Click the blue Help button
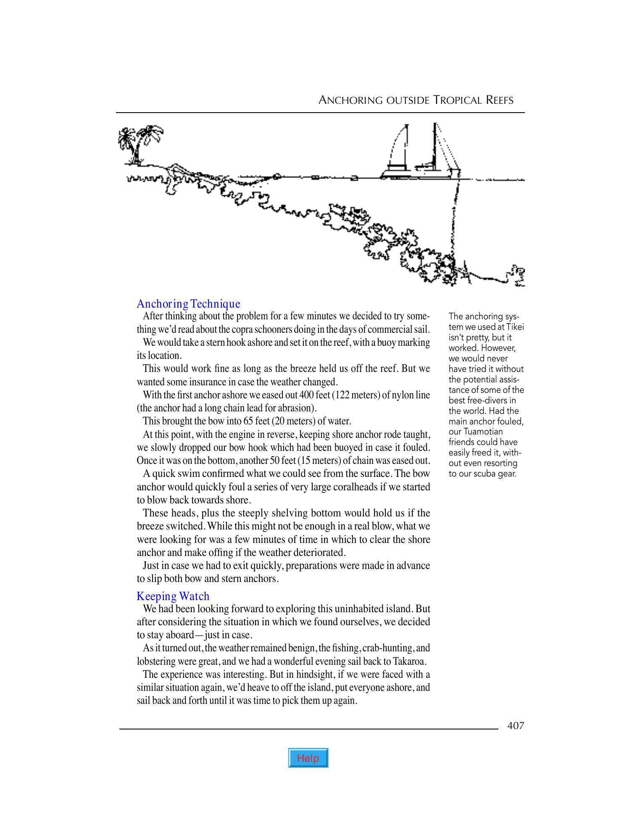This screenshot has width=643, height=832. point(308,758)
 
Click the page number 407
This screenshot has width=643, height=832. point(516,726)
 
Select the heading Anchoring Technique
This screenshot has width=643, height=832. point(188,303)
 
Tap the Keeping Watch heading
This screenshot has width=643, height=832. point(173,596)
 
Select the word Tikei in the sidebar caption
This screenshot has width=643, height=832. point(515,327)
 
